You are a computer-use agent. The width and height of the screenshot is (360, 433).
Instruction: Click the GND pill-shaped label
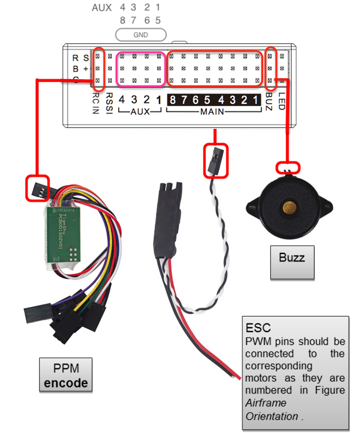[x=141, y=35]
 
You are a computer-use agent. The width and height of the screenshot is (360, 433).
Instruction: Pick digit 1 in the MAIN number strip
[x=258, y=100]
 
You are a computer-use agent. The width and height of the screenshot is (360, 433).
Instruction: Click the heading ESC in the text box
[x=258, y=327]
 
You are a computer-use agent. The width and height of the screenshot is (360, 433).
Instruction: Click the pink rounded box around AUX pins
[x=141, y=68]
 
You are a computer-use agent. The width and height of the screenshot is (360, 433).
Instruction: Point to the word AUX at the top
[x=102, y=8]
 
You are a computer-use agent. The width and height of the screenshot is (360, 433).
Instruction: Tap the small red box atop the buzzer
[x=288, y=168]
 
